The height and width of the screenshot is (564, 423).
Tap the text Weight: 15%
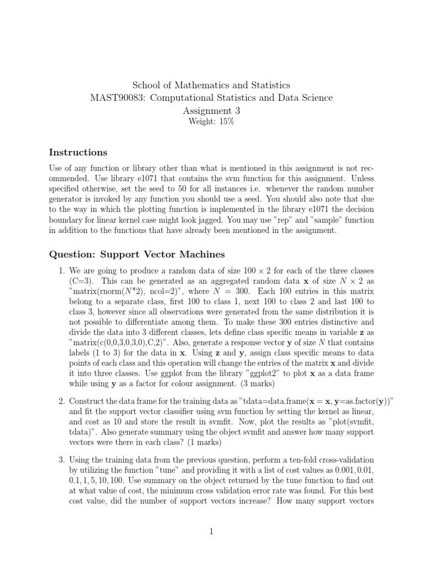coord(211,122)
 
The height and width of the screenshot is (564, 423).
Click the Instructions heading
coord(78,152)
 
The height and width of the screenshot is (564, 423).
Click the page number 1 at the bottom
coord(211,532)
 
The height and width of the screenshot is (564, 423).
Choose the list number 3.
coord(61,459)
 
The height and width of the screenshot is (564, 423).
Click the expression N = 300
coord(253,292)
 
